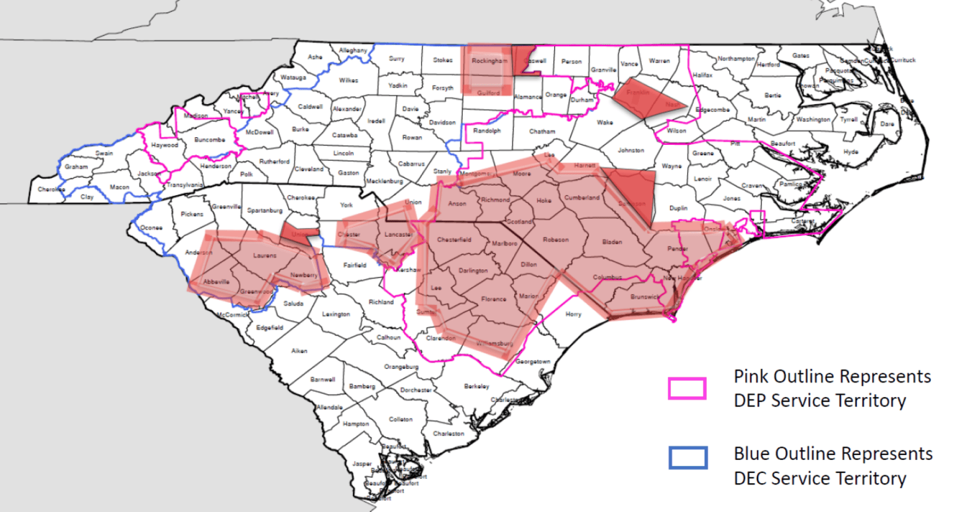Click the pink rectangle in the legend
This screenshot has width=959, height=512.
(687, 388)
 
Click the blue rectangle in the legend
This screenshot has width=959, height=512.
(688, 458)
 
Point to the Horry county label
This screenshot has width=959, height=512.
(573, 314)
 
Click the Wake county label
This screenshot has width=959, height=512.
(605, 122)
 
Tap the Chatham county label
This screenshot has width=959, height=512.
(542, 131)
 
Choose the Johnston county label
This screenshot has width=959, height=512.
(631, 150)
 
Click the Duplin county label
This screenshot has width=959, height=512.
(678, 208)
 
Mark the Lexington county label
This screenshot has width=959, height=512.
(336, 314)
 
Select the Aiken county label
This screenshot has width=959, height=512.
(299, 351)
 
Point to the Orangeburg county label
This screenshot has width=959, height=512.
(401, 366)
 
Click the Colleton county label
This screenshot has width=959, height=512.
(400, 419)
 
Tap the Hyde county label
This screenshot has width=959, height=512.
(851, 152)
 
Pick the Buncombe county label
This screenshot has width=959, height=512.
(210, 140)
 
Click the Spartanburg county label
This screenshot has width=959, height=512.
(264, 210)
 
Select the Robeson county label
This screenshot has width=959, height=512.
(556, 240)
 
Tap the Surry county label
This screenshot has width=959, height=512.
(396, 59)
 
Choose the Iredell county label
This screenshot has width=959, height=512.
(376, 120)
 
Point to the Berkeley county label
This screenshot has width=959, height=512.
(477, 386)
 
